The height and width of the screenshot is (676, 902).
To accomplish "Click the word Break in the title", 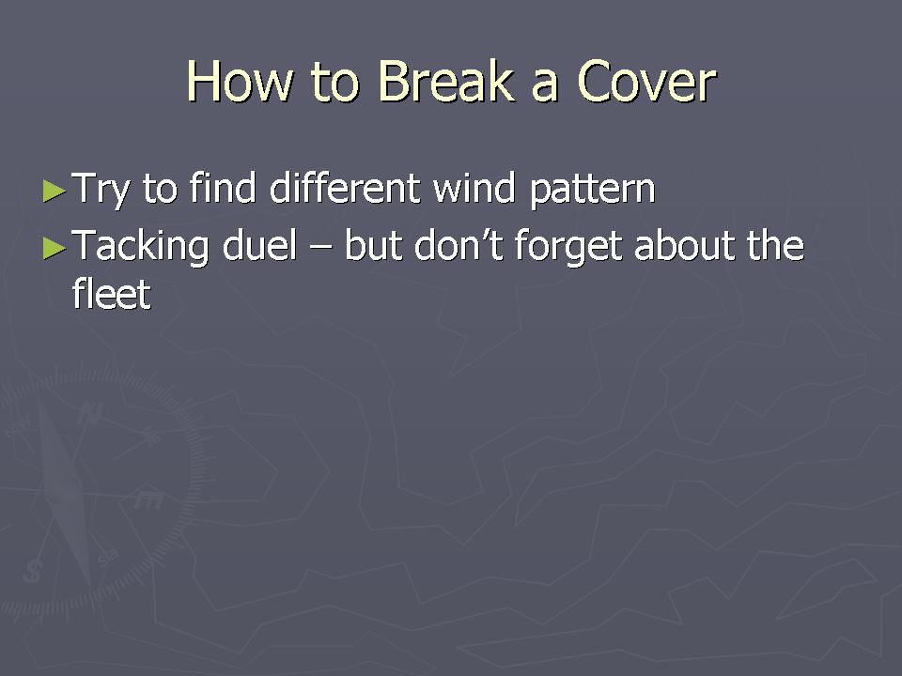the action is coord(445,81).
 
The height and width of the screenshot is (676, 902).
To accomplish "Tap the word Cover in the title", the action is coord(646,81).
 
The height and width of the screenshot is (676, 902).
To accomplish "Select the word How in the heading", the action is coord(240,81).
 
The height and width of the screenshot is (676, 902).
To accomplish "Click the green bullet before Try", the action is coord(54,191).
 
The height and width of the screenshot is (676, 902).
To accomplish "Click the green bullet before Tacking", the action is coord(54,248).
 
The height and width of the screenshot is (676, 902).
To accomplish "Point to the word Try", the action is coord(101,190).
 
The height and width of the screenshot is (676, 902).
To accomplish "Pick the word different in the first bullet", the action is coord(345,188).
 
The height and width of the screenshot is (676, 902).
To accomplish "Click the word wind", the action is coord(474,188).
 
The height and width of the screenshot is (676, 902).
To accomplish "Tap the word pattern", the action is coord(592,190).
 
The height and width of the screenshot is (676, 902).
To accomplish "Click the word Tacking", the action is coord(140,247).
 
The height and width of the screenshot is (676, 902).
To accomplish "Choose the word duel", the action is coord(259,245).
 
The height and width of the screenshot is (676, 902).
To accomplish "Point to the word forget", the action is coord(568,247).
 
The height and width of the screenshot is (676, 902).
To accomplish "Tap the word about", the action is coord(684,245).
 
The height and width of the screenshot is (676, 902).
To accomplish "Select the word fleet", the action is coord(112,293).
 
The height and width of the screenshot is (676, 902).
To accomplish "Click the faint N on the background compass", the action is coord(90,413).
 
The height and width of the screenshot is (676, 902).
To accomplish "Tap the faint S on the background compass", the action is coord(33,571).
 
